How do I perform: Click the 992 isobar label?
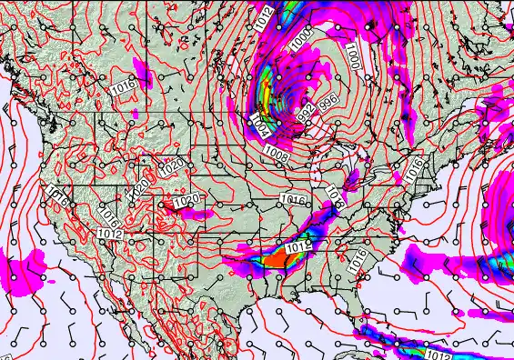click(x=307, y=115)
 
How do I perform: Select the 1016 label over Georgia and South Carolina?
click(x=358, y=257)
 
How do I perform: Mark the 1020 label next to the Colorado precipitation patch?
click(x=186, y=200)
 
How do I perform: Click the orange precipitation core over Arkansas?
click(x=274, y=260)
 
